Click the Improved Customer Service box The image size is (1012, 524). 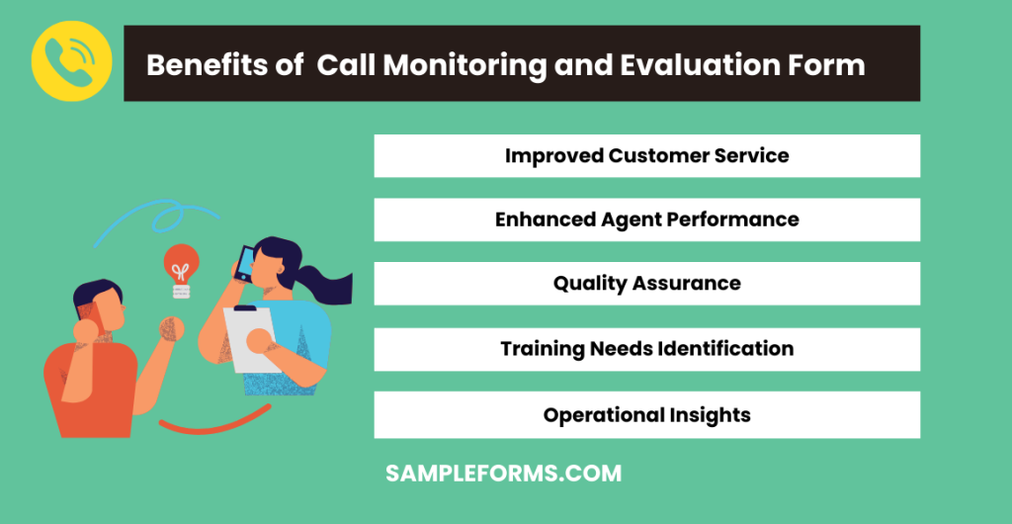pyautogui.click(x=646, y=156)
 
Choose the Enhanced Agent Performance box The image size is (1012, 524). pyautogui.click(x=646, y=219)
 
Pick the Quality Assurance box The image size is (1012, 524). pyautogui.click(x=646, y=284)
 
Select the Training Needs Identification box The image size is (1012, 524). pyautogui.click(x=646, y=349)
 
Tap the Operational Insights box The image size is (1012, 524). pyautogui.click(x=646, y=415)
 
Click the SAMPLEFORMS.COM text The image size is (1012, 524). pyautogui.click(x=503, y=474)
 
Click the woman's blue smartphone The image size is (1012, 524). pyautogui.click(x=242, y=261)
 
